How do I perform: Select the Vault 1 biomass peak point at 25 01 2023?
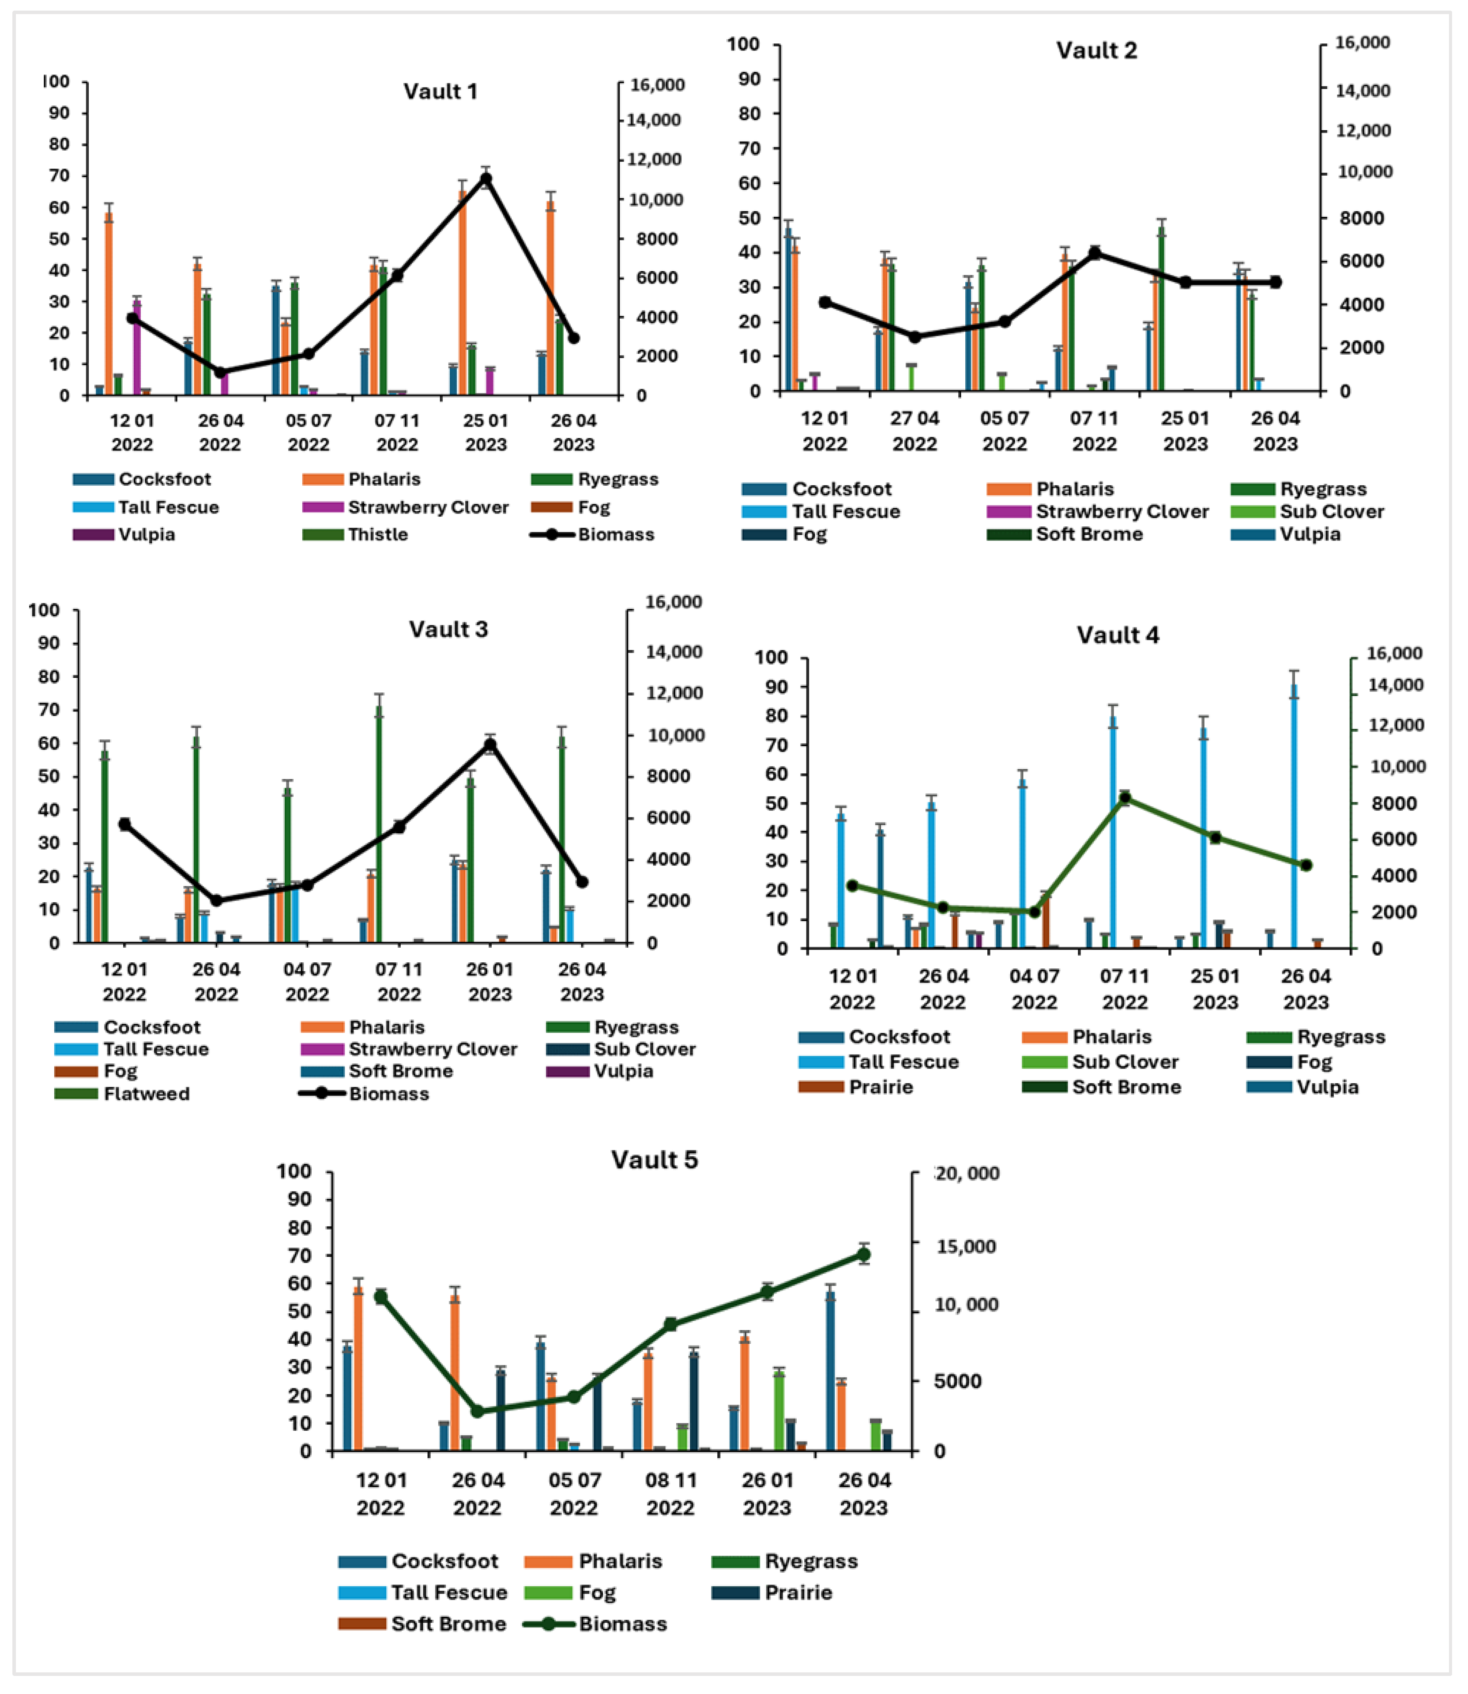[486, 179]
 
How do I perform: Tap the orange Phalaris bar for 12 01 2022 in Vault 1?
[109, 303]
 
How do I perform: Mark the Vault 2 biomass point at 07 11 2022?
[1095, 253]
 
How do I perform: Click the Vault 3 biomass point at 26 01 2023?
[490, 745]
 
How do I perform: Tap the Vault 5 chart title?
[655, 1160]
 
